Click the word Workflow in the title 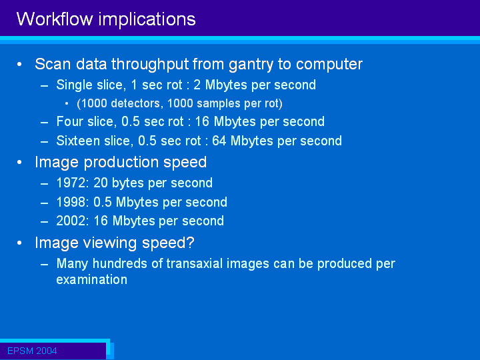[55, 19]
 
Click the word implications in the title [147, 20]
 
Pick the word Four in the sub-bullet [69, 121]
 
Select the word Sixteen [78, 141]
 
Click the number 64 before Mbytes [219, 141]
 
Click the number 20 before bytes [101, 183]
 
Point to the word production [121, 163]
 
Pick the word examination [92, 280]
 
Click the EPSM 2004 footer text [32, 351]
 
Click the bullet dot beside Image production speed [19, 163]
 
